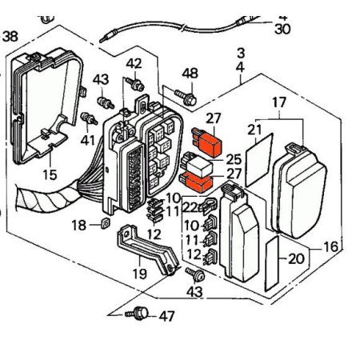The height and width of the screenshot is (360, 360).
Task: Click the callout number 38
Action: [10, 36]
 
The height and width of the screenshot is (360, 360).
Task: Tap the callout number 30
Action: [282, 29]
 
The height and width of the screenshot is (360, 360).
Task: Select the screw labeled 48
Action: [186, 98]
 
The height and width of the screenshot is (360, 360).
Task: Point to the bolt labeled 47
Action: [137, 313]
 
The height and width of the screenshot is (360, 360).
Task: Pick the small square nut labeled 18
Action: [106, 222]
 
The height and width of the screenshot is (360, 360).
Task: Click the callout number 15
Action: [50, 174]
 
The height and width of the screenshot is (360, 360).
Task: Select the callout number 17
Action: [279, 102]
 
